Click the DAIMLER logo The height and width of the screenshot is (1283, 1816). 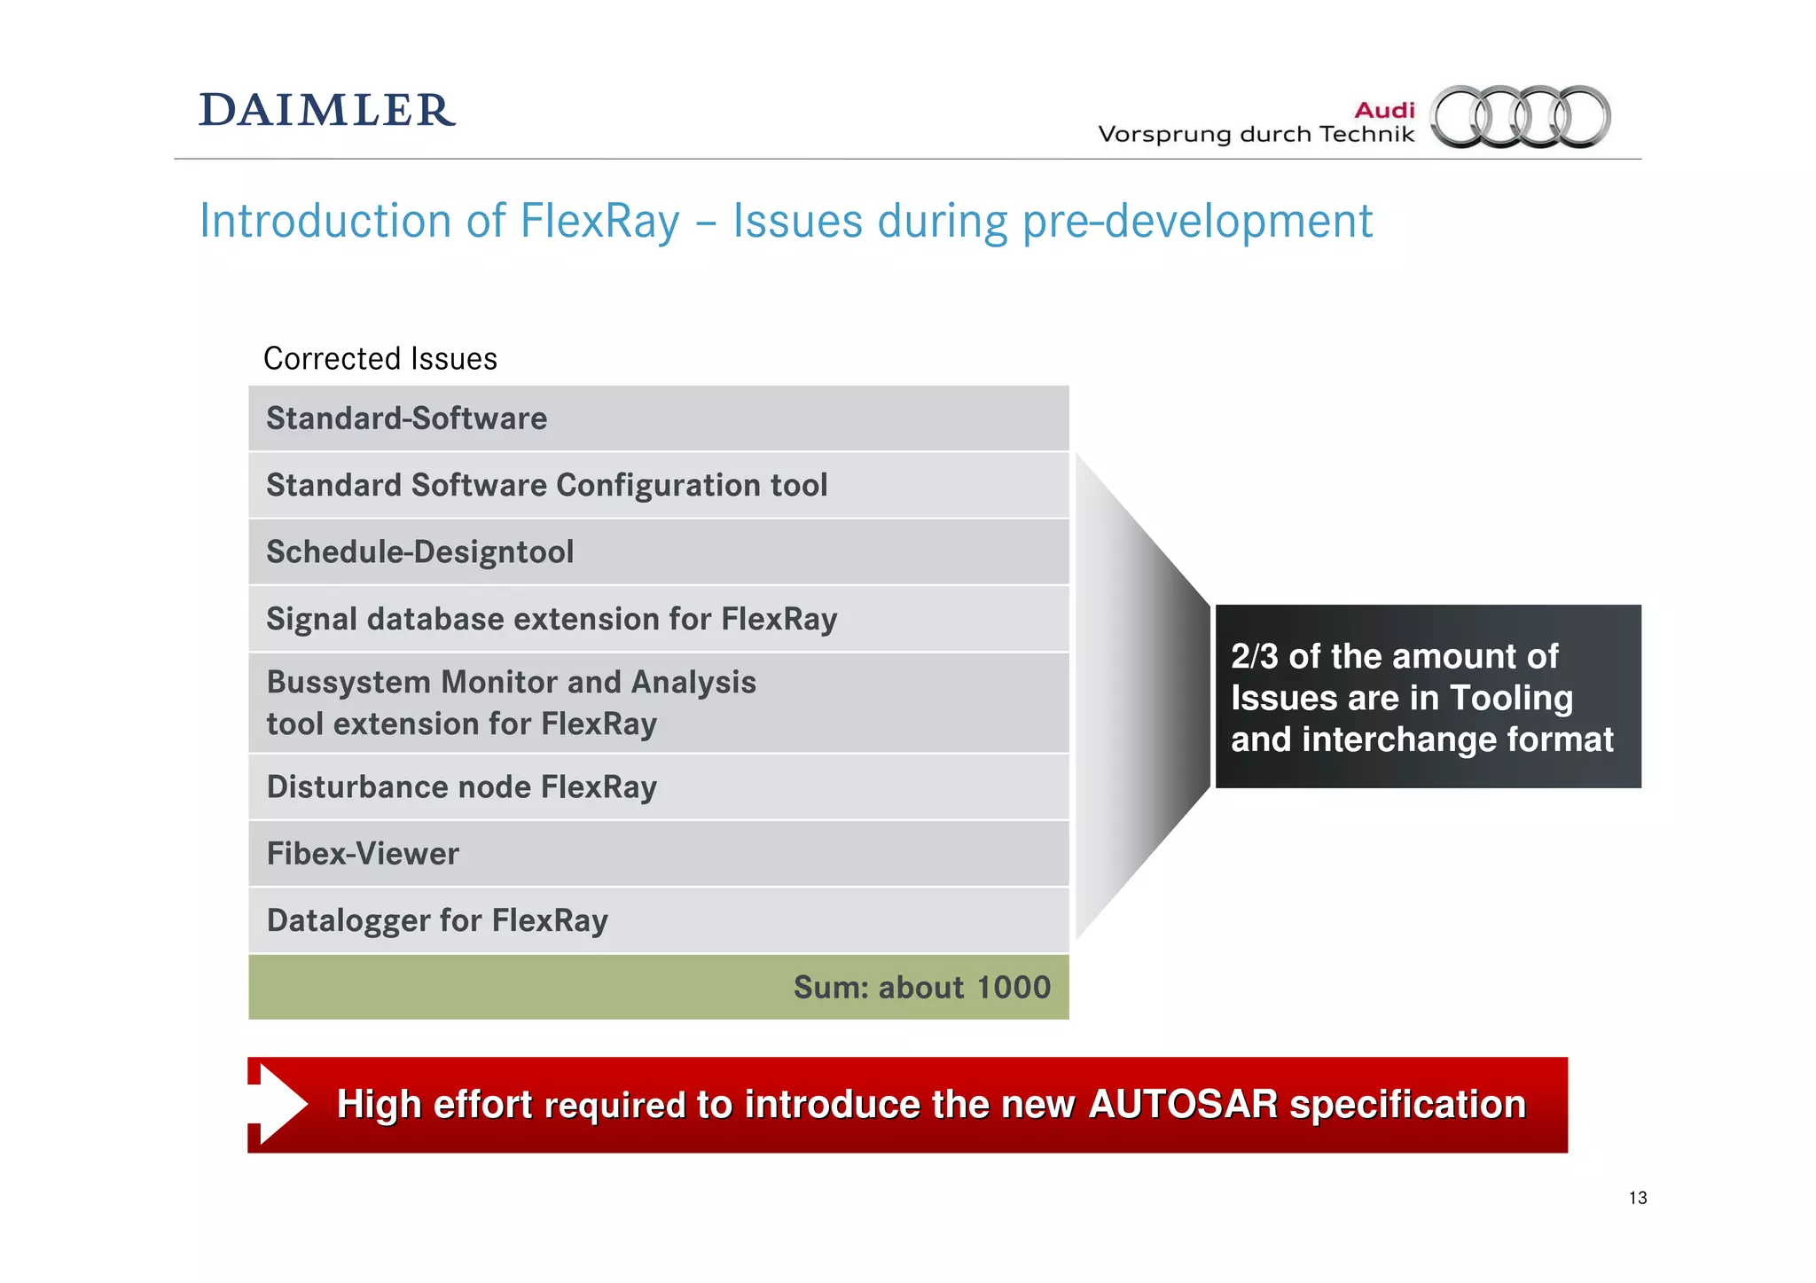326,111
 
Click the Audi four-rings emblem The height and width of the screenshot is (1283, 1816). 1521,116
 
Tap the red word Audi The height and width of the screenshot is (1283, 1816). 1384,110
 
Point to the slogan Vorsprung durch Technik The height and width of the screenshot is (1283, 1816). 1256,135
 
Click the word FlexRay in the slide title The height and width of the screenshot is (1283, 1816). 599,221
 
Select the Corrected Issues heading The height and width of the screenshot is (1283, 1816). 380,359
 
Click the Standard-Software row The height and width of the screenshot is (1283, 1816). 658,419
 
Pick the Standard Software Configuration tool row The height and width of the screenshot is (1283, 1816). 658,486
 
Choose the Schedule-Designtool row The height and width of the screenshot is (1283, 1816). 658,552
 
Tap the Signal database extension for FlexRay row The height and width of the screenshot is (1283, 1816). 658,619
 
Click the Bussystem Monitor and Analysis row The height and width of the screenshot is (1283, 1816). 658,703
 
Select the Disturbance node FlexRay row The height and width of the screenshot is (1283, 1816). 658,787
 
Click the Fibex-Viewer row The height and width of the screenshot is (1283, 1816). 658,854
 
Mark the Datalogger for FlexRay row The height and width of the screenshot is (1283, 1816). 658,920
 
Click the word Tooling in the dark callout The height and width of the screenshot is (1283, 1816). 1511,699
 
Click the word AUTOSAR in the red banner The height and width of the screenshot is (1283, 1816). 1183,1105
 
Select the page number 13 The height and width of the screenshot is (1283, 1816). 1637,1198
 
